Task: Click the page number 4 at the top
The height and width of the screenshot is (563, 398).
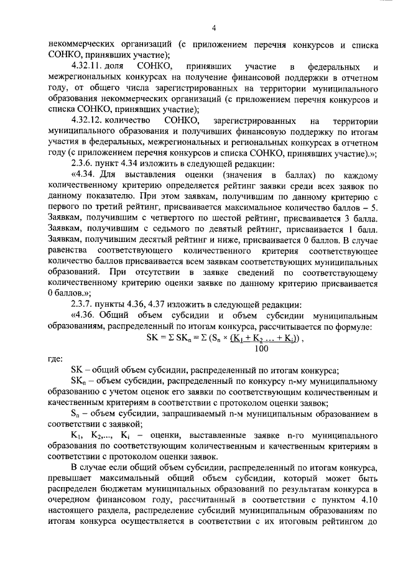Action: click(x=213, y=27)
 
